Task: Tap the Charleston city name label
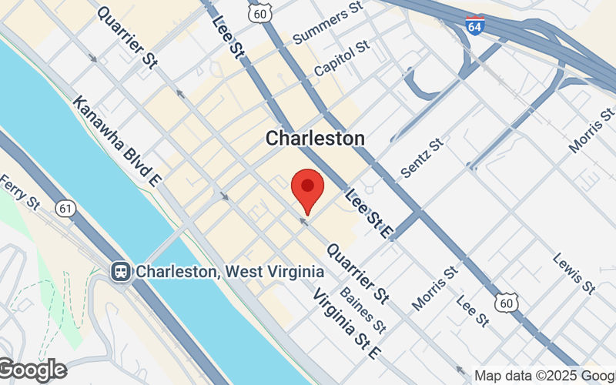tap(315, 139)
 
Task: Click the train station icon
tap(120, 271)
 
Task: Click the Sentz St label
tap(423, 158)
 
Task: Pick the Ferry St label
tap(19, 192)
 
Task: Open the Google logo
tap(32, 370)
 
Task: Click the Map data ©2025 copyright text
tap(543, 376)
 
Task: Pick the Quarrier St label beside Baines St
tap(357, 273)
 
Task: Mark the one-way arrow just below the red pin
tap(303, 222)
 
